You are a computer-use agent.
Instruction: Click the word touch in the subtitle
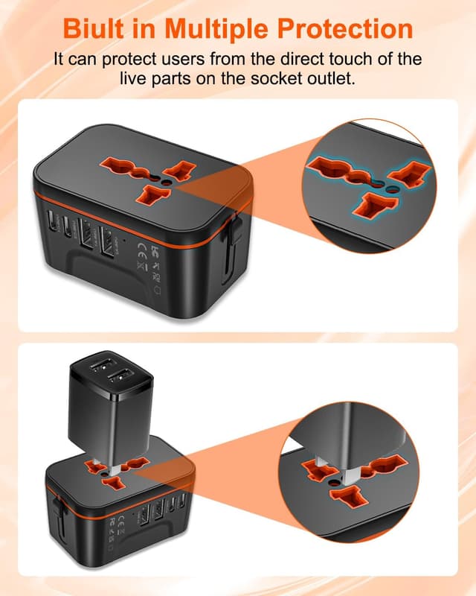[x=338, y=59]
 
